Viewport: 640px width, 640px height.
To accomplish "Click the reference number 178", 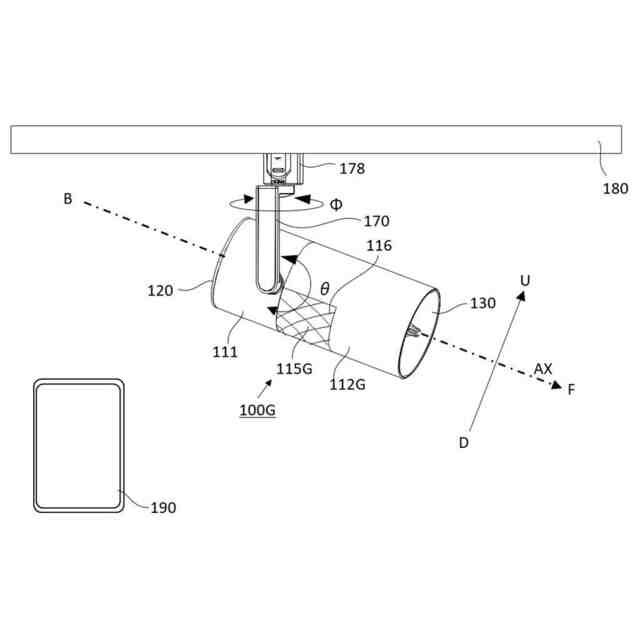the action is [352, 168].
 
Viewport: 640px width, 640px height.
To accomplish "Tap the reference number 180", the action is [616, 189].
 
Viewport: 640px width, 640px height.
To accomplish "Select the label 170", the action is [376, 221].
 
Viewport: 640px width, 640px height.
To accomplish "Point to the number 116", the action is [379, 246].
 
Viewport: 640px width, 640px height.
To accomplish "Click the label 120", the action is [160, 291].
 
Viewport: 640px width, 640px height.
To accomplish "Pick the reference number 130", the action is [483, 303].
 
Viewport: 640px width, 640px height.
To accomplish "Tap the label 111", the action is [225, 352].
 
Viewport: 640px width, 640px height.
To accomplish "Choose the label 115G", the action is [294, 369].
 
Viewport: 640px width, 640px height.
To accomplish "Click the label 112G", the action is [347, 384].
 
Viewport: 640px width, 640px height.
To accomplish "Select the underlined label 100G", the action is [258, 410].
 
